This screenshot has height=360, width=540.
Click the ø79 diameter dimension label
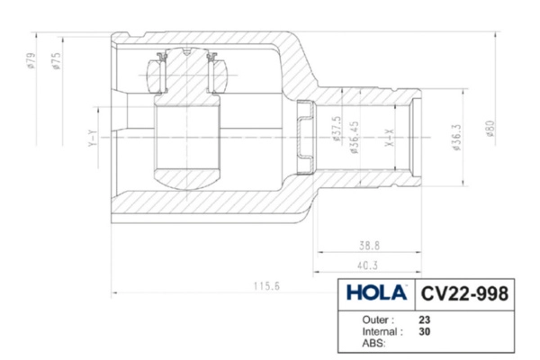point(31,60)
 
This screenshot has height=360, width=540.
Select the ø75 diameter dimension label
point(57,61)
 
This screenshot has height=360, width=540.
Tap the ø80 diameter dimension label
point(490,128)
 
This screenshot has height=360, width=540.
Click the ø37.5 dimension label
point(337,129)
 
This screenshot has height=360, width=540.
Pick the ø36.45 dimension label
point(355,138)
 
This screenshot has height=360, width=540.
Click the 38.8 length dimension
point(369,246)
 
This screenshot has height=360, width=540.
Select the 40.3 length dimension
point(367,265)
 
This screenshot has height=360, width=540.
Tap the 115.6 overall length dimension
point(266,286)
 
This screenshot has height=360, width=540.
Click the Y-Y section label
point(93,139)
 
